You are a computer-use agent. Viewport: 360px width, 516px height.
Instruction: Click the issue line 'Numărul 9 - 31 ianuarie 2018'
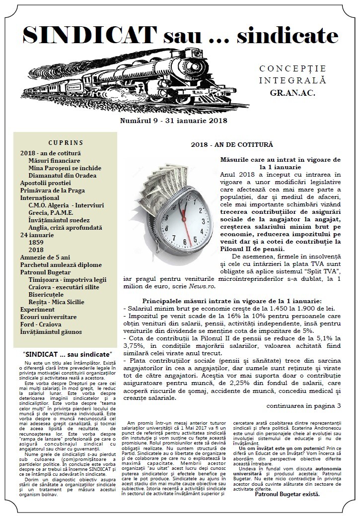point(173,121)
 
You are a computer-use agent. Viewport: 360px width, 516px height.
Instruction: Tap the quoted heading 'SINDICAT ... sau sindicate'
point(67,355)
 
